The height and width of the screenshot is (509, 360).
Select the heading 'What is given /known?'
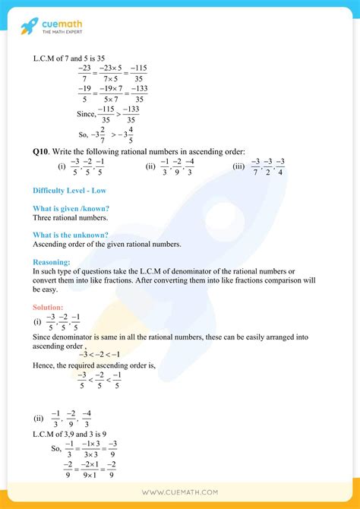(x=71, y=208)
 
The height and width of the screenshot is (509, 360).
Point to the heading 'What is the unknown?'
(x=70, y=235)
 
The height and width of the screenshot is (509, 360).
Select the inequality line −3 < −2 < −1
(x=100, y=354)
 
